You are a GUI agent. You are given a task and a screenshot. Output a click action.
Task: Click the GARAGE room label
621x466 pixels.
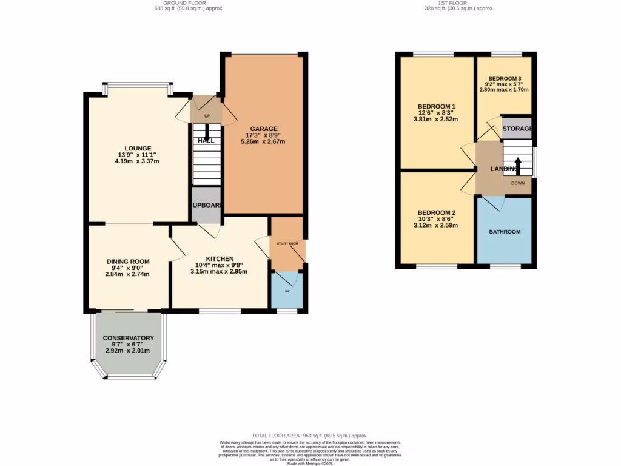265,129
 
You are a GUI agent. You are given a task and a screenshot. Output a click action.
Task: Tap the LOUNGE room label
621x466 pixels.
138,148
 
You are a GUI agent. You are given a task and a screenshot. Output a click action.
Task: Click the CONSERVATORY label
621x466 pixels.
128,338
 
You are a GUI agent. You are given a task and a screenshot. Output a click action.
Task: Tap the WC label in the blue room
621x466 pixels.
287,291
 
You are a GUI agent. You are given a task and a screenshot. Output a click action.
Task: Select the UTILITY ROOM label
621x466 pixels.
287,243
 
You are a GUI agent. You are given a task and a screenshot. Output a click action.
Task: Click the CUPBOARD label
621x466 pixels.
206,205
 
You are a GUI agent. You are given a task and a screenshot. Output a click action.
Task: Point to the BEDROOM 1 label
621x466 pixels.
437,106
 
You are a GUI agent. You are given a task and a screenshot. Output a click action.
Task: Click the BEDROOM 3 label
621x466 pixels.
505,79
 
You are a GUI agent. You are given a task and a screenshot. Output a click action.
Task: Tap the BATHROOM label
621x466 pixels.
505,232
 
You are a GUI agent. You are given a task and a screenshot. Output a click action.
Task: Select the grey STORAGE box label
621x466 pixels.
517,129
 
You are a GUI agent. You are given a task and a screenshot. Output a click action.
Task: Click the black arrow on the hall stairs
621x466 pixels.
207,133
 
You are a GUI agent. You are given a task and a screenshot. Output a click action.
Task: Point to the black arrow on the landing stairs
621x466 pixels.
517,165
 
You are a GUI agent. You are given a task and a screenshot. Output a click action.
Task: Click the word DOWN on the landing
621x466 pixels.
517,183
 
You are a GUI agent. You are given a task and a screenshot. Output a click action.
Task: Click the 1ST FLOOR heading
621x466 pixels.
459,3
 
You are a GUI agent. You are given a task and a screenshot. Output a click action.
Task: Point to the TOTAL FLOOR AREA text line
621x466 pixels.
310,436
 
